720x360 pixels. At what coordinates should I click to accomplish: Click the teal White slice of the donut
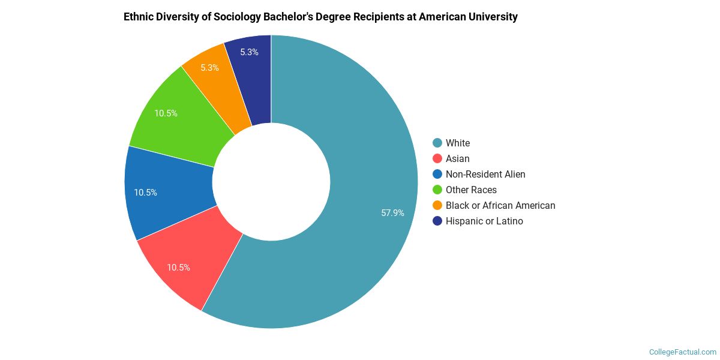[x=360, y=150]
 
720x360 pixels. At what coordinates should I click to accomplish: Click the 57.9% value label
[x=393, y=212]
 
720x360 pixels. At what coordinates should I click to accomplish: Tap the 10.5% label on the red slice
[x=179, y=268]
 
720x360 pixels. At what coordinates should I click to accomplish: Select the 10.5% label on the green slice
[x=166, y=113]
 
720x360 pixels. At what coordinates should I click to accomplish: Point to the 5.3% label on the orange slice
[x=209, y=68]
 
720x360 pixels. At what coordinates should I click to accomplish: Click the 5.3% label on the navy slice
[x=249, y=52]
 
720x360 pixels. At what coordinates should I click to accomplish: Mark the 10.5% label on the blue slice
[x=146, y=193]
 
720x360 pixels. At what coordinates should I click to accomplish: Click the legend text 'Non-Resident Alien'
[x=485, y=174]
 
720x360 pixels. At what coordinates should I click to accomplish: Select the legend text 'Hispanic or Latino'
[x=484, y=221]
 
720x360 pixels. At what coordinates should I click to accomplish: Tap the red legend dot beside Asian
[x=437, y=158]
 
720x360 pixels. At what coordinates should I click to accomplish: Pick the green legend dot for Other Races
[x=437, y=190]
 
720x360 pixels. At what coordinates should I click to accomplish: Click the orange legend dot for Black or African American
[x=437, y=205]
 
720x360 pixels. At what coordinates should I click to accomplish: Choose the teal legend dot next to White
[x=437, y=143]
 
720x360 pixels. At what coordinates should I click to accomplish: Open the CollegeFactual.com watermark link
[x=683, y=352]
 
